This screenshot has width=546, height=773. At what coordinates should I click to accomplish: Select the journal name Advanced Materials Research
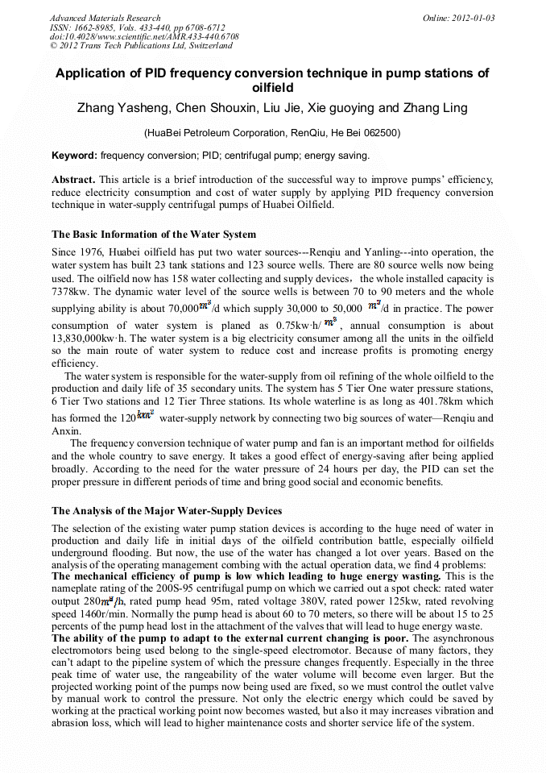click(105, 18)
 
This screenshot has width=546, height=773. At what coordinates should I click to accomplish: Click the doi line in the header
click(144, 36)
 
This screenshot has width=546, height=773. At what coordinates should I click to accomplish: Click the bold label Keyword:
click(74, 155)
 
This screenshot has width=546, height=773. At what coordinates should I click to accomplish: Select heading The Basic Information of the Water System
click(154, 235)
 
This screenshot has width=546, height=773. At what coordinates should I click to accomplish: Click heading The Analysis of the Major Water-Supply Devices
click(167, 510)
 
